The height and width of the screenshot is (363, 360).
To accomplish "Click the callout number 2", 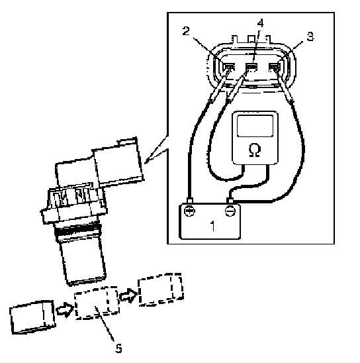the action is pos(186,30).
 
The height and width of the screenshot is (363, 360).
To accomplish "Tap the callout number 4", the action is pos(260,23).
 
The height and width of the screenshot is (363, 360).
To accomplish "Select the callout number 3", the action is pos(310,36).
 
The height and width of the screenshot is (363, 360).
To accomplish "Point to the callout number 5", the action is pos(118,348).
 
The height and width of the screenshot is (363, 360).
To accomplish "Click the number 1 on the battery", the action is pos(212,225).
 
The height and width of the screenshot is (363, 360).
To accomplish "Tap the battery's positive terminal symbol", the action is pos(189,211).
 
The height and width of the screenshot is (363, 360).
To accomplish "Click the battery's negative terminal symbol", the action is pos(230,211).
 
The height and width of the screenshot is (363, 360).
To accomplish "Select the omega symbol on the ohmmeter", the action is pos(255,150).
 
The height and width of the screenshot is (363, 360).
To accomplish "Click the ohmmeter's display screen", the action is pos(255,126).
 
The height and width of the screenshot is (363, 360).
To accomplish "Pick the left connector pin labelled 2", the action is pos(228,67).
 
